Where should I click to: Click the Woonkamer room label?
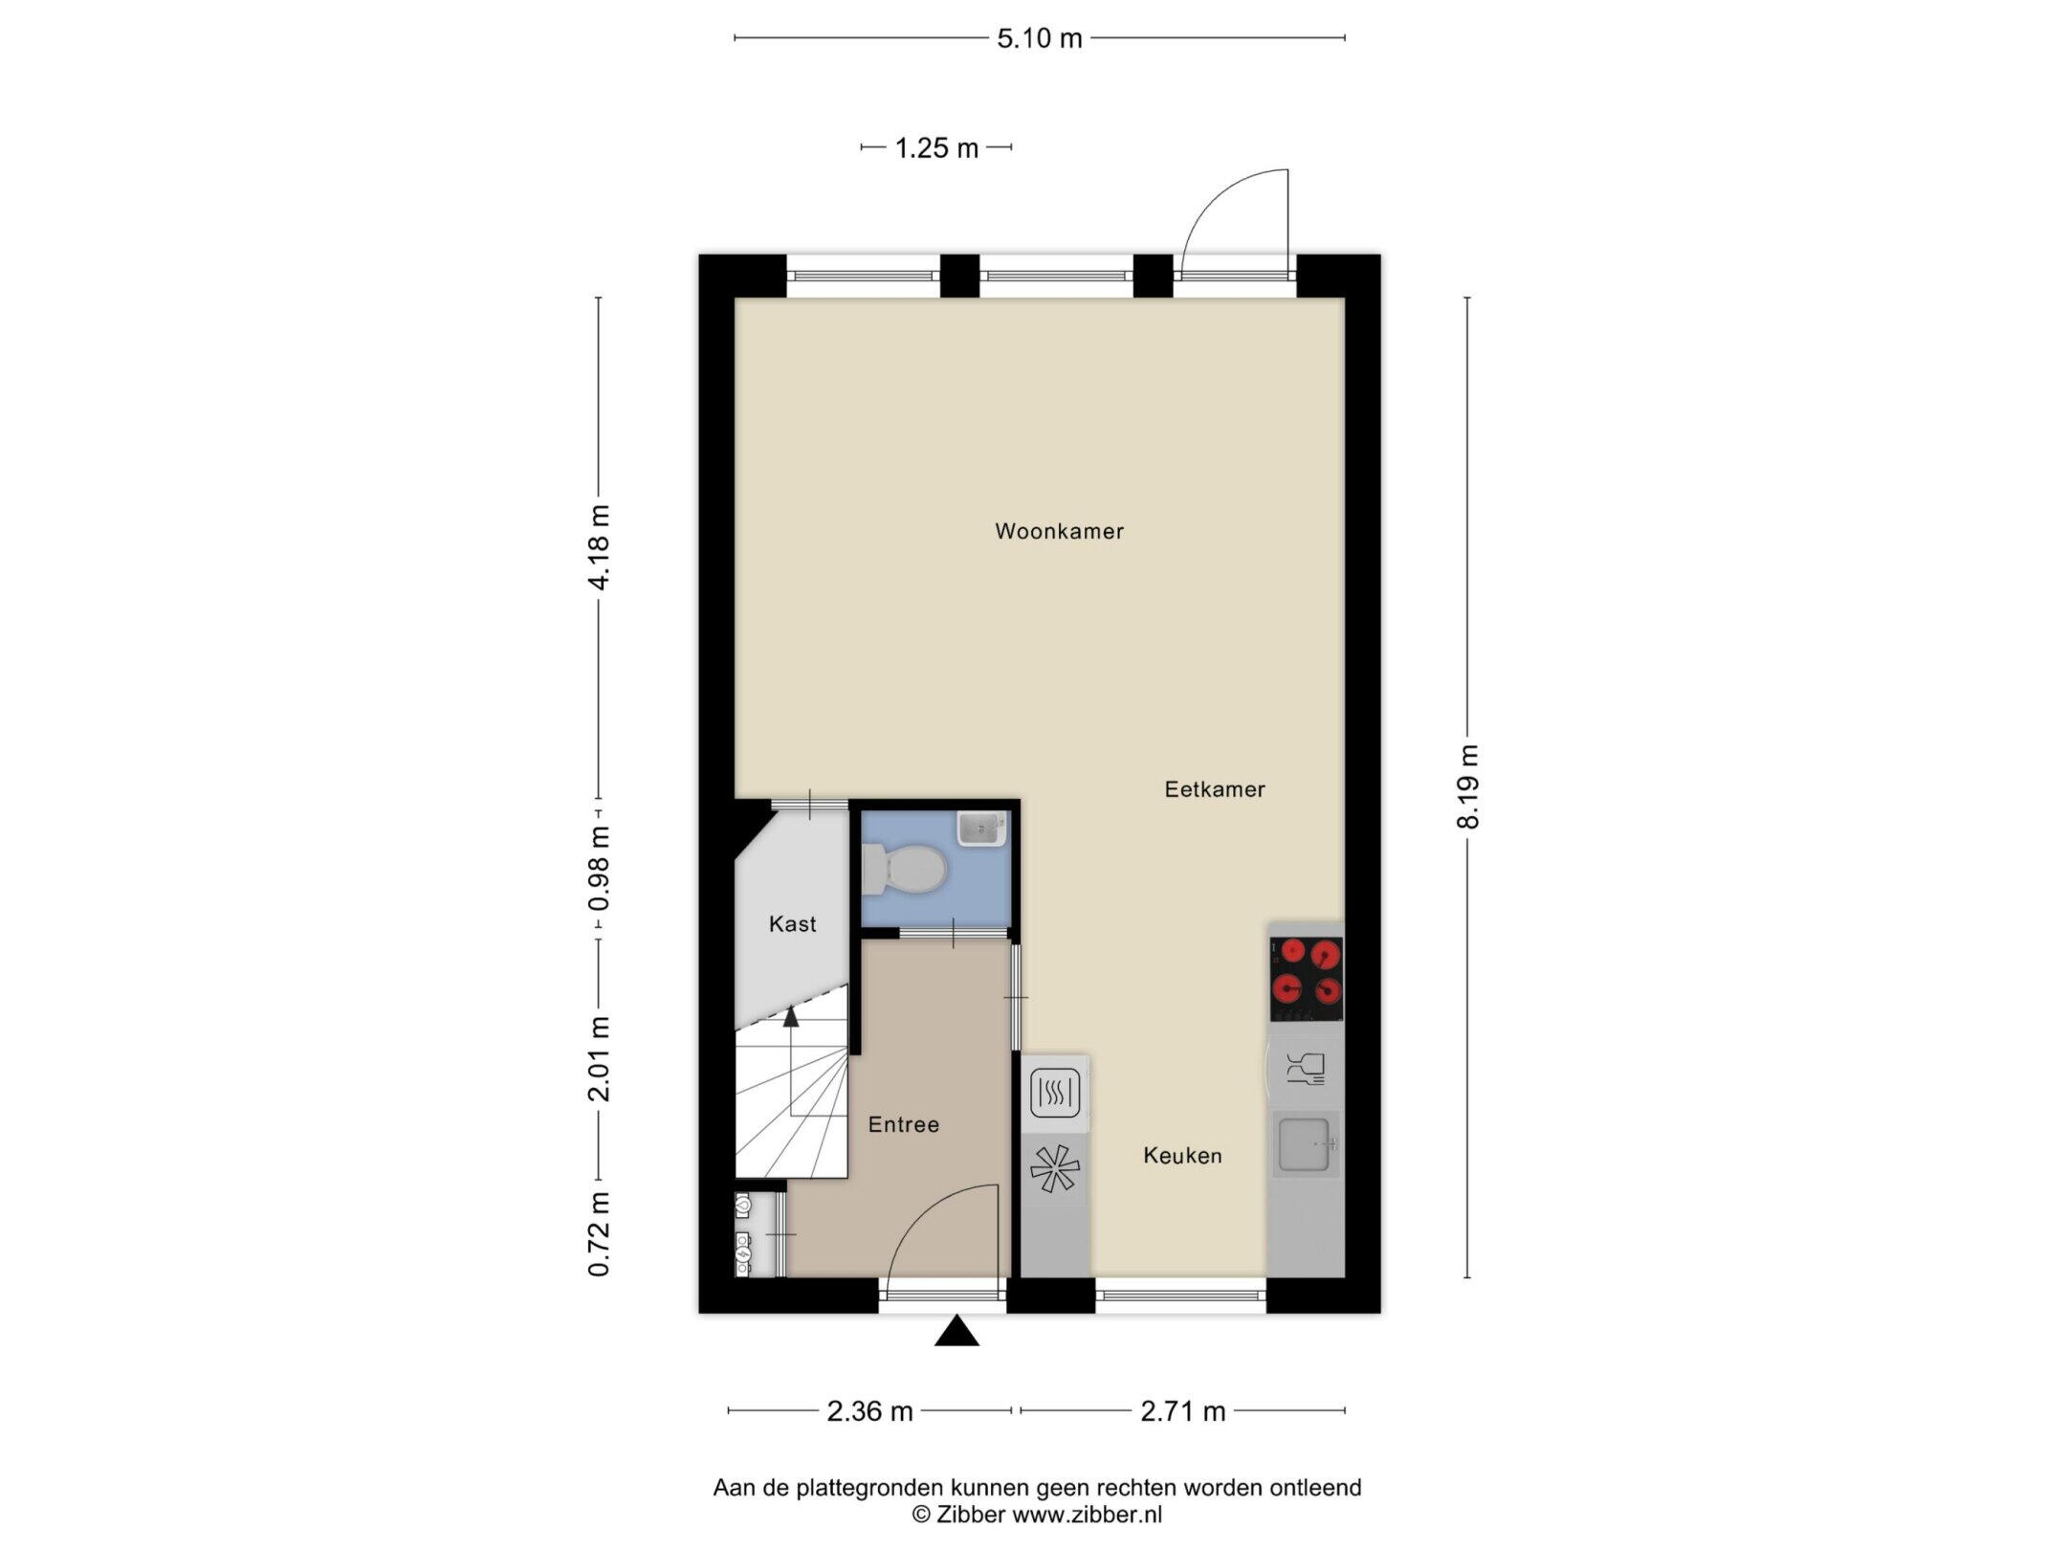pos(1059,531)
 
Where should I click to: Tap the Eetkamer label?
pos(1215,789)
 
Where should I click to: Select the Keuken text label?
pos(1183,1156)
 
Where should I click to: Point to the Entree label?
pos(904,1124)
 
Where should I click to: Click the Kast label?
pos(793,923)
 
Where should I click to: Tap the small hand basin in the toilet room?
pos(981,830)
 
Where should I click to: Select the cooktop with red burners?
pos(1307,979)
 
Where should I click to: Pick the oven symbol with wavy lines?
pos(1056,1094)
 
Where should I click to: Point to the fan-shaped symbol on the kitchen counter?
pos(1054,1169)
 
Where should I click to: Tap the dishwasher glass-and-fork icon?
pos(1305,1068)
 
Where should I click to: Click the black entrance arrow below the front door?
pos(956,1331)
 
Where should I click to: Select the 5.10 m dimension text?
pos(1040,38)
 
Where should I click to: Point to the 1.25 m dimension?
pos(936,148)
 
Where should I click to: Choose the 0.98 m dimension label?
pos(599,869)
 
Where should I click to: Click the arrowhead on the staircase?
pos(791,1017)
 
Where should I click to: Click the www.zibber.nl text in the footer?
pos(1088,1515)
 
